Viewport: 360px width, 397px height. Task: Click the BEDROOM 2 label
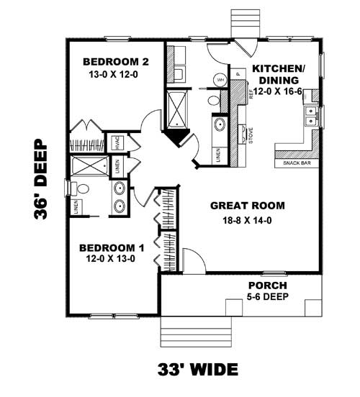116,60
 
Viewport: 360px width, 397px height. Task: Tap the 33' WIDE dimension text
198,370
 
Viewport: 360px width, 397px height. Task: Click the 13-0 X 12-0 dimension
116,74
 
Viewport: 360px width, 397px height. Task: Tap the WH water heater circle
220,78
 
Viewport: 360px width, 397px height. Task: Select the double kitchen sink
311,112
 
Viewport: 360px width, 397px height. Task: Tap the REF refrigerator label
251,93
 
